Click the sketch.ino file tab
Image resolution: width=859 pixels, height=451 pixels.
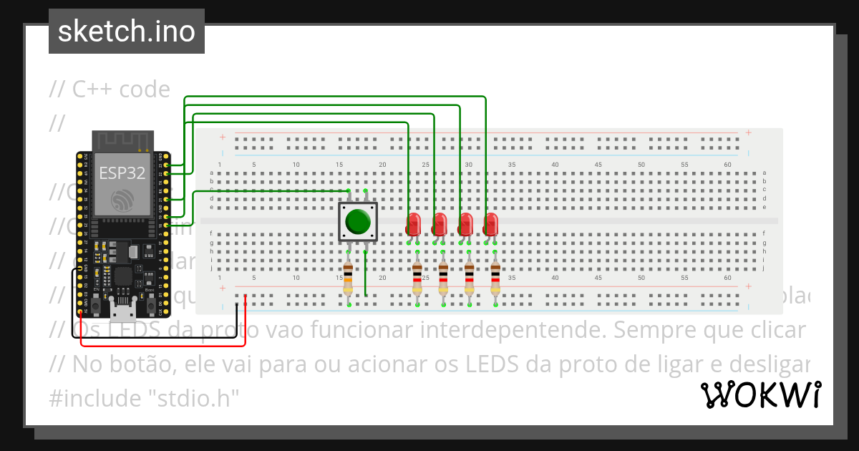(126, 31)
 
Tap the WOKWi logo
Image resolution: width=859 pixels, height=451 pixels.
(760, 394)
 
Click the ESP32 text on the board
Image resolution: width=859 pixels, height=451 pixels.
(122, 173)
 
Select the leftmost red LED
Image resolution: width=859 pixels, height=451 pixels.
(413, 225)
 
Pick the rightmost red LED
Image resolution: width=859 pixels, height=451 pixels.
(490, 225)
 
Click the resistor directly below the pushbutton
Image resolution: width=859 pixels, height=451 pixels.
(348, 278)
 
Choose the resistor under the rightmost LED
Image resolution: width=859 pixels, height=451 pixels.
(495, 278)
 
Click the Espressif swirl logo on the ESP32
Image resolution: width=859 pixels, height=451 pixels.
(122, 200)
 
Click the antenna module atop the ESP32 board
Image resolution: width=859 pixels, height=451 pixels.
(122, 141)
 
